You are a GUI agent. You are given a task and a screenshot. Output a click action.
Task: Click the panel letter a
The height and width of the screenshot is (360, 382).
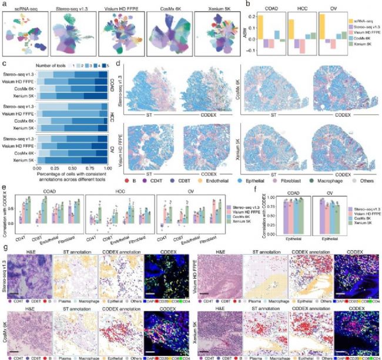point(5,4)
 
